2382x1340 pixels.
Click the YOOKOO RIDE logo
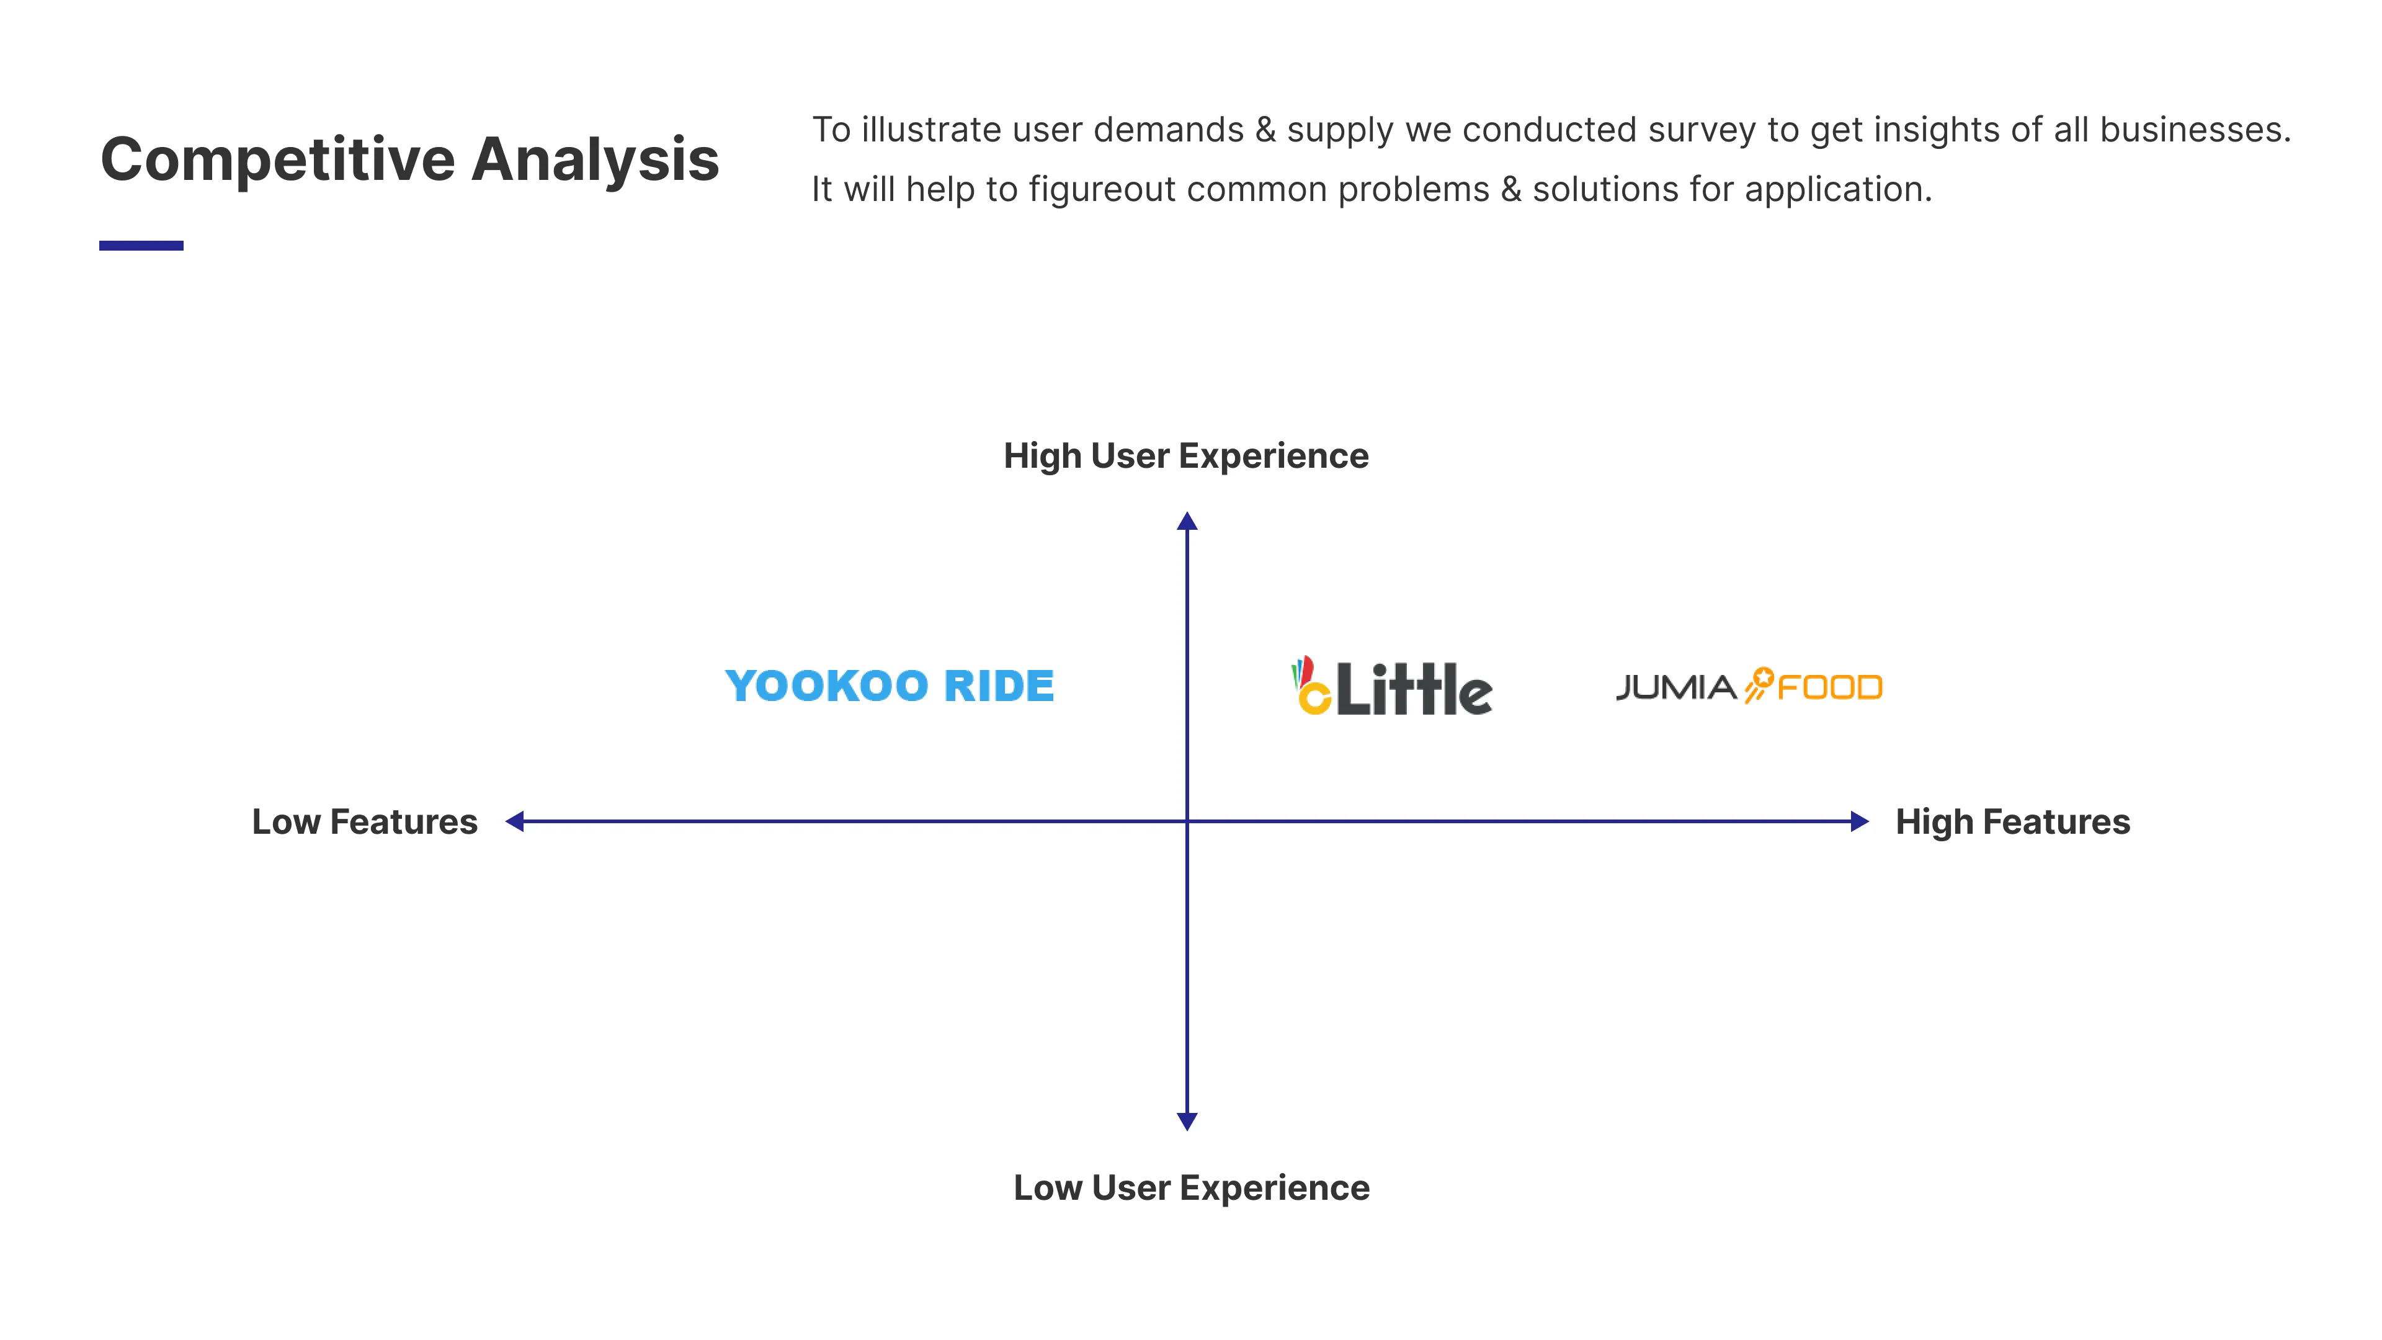click(x=889, y=686)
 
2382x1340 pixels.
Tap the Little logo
click(x=1393, y=687)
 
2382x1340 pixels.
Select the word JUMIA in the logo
click(x=1675, y=688)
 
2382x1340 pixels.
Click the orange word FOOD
click(x=1829, y=688)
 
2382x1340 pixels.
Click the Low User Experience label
click(x=1191, y=1187)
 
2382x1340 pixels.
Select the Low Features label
click(x=364, y=822)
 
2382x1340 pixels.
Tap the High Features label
click(x=2012, y=822)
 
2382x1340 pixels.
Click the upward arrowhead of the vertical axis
click(x=1187, y=522)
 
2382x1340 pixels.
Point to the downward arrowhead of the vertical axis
click(x=1187, y=1121)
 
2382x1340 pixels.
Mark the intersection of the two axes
click(x=1187, y=821)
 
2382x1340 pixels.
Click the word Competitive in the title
click(x=277, y=159)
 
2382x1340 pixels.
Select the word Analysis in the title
click(x=595, y=159)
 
